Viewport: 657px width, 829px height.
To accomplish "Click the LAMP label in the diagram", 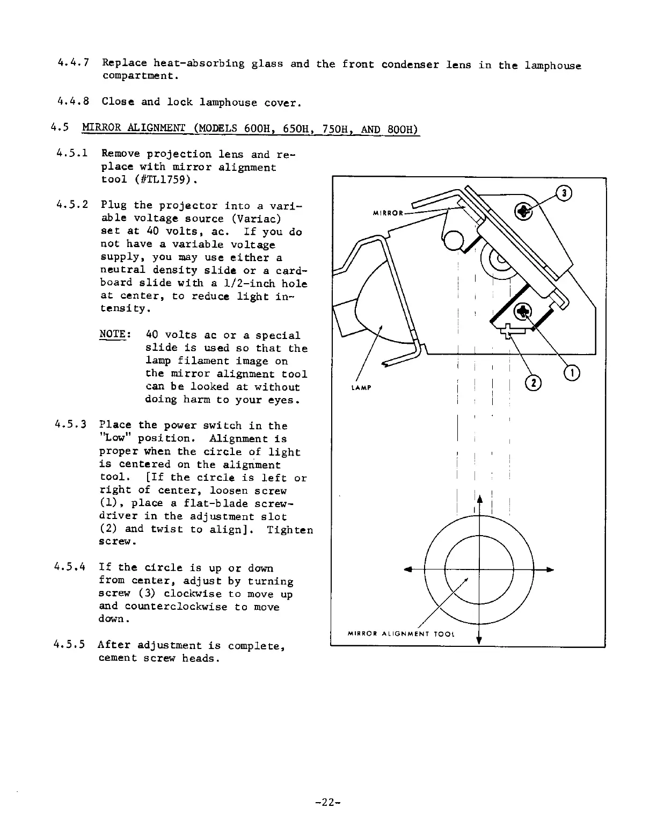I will (x=356, y=388).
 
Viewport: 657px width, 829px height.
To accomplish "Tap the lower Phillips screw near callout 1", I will (x=522, y=311).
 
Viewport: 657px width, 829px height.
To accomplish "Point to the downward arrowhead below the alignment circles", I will (x=479, y=639).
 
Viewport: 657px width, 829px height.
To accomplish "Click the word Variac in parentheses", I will (x=253, y=219).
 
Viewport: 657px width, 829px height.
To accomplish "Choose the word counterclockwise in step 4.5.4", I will (x=202, y=607).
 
